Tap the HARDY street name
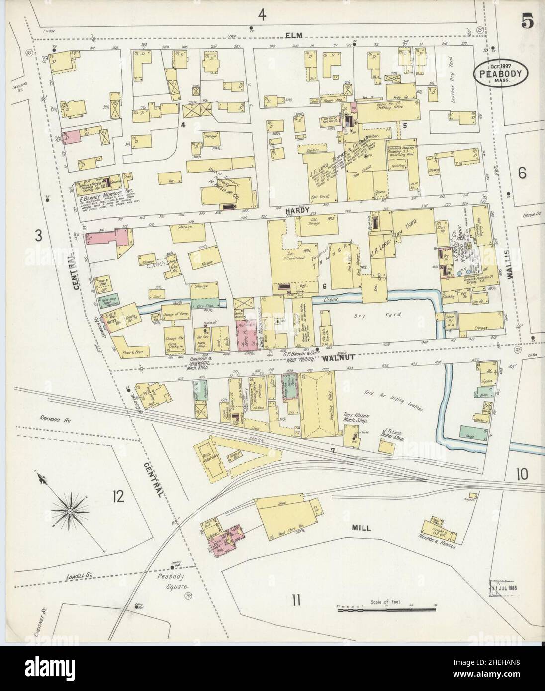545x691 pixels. click(295, 211)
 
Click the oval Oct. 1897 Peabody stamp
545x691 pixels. click(500, 74)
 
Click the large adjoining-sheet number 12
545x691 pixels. click(118, 496)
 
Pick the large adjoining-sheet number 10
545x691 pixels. click(521, 474)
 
